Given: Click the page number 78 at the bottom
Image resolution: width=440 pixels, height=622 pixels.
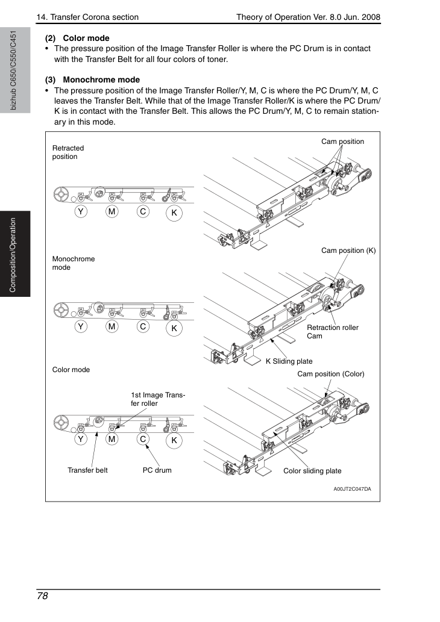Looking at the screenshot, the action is [42, 596].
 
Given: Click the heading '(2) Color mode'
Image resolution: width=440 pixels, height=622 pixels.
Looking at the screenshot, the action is [77, 38].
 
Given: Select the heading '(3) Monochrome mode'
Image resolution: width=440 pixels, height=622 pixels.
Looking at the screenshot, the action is [92, 79].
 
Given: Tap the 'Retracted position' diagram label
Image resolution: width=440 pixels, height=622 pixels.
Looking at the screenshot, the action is [68, 152].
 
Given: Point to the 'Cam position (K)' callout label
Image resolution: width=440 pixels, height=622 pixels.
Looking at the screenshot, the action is [348, 250].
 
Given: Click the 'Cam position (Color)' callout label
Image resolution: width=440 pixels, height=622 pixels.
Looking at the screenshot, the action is [331, 374].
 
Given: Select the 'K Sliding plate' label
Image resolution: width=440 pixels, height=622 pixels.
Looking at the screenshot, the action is [289, 361].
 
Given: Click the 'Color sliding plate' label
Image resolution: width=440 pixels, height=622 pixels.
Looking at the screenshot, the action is [312, 471].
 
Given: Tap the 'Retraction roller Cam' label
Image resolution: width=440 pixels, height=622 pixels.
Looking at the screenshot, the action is [332, 332].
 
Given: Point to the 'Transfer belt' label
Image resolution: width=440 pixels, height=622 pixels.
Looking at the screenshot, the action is [87, 470].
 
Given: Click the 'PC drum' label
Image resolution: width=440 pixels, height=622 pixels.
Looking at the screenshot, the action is [157, 470].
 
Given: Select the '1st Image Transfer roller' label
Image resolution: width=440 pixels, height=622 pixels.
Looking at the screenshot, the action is [158, 399].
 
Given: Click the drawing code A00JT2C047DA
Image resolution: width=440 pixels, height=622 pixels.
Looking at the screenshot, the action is [352, 489].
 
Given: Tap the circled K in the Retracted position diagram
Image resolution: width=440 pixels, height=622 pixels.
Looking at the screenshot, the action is [174, 213].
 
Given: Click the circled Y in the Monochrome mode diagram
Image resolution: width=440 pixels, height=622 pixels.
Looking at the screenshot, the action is [81, 327].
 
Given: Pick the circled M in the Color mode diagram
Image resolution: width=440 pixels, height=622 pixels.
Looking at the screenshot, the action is [112, 439].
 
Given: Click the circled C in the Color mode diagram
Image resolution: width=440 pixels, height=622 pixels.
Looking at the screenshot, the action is [143, 439].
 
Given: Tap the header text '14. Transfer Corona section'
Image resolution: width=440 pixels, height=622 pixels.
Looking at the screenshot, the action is [87, 17].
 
